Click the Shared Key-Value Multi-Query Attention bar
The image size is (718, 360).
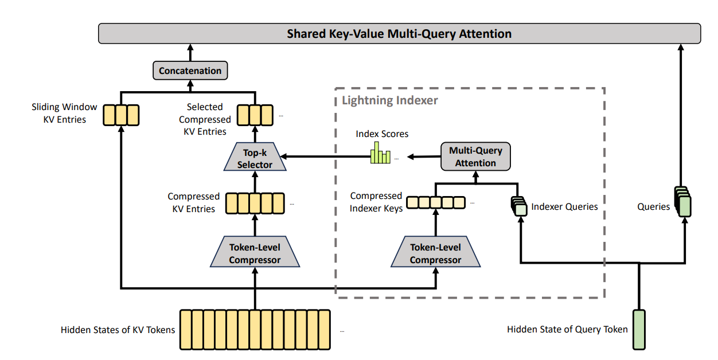(399, 33)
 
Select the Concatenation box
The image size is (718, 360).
(190, 71)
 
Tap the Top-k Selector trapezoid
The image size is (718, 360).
(255, 156)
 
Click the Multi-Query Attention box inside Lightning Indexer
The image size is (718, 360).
(475, 156)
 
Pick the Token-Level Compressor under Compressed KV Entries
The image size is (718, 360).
(255, 252)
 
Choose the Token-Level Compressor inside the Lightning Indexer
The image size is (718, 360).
(436, 252)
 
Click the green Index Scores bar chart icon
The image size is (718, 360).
(380, 153)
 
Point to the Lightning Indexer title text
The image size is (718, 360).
(390, 100)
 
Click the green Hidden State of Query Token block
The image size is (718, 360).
(639, 329)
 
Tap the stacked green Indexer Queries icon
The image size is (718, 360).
(519, 206)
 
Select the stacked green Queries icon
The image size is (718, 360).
(683, 202)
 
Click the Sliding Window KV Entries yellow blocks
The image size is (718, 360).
(121, 115)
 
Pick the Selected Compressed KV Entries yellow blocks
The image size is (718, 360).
(255, 115)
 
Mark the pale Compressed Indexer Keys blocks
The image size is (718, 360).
(436, 202)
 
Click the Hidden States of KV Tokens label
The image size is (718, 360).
(118, 330)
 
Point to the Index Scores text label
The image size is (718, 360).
(382, 134)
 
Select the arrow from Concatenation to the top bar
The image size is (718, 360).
(190, 53)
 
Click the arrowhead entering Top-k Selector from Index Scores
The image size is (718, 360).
(283, 156)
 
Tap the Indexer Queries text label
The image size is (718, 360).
(564, 206)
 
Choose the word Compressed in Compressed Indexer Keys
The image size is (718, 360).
(376, 195)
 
